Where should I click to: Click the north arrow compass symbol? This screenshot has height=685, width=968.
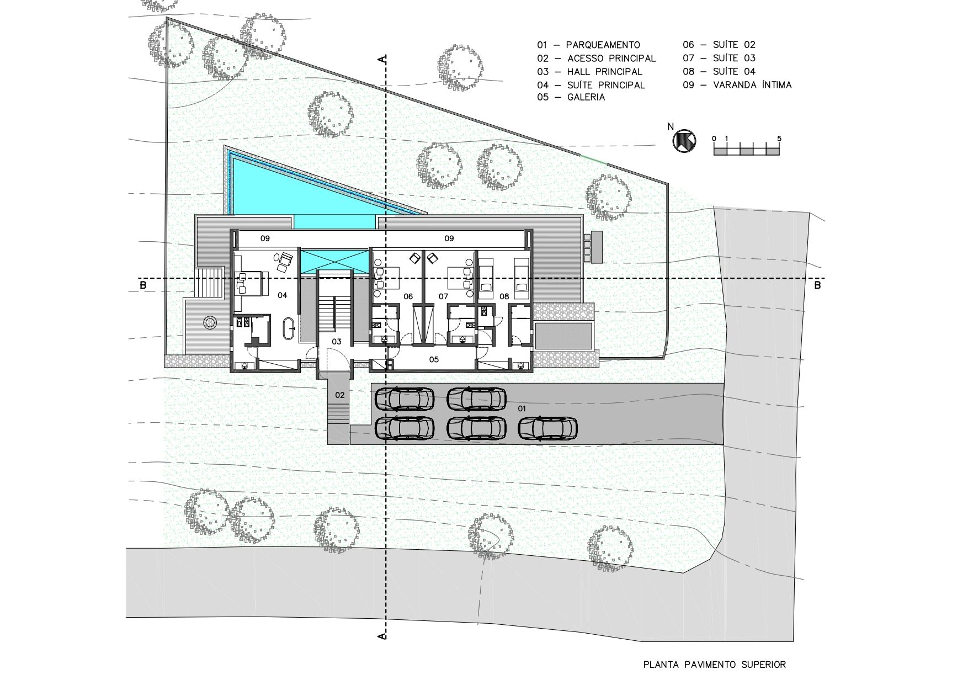coord(684,141)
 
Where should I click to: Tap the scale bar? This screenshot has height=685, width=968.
coord(747,150)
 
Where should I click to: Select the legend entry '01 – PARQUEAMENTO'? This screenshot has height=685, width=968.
coord(589,45)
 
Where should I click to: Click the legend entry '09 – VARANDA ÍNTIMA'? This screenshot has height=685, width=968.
coord(737,85)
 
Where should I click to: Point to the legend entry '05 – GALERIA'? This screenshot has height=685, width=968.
coord(571,98)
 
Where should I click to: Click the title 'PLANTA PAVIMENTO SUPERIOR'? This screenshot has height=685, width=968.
coord(715,665)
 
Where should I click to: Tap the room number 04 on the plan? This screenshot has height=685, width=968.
coord(282,295)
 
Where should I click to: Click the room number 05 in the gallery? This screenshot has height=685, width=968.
coord(434,360)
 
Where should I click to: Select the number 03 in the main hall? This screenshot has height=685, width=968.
coord(336,342)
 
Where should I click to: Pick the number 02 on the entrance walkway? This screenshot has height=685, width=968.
coord(340,395)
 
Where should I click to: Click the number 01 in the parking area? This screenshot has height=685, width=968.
coord(522,408)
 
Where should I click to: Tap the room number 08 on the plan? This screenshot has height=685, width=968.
coord(504,296)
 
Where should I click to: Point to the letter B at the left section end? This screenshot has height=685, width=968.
coord(143,285)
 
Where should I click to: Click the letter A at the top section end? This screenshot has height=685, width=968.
coord(381,59)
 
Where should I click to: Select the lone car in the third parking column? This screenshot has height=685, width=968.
coord(548,428)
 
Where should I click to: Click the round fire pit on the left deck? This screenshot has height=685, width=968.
coord(210,322)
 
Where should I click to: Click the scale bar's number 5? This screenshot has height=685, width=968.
coord(779,138)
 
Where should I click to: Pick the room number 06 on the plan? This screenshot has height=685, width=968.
coord(408,296)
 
